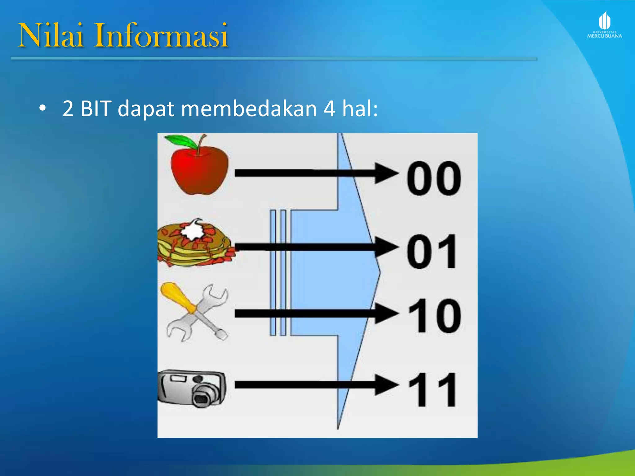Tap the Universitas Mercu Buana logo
tap(604, 25)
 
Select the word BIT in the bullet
tap(95, 109)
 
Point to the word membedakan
tap(249, 109)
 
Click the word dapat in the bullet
tap(146, 109)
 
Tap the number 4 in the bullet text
tap(329, 109)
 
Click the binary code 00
tap(434, 178)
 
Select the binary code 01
tap(432, 252)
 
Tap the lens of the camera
tap(202, 397)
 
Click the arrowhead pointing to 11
tap(386, 385)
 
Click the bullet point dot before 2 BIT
tap(42, 108)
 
